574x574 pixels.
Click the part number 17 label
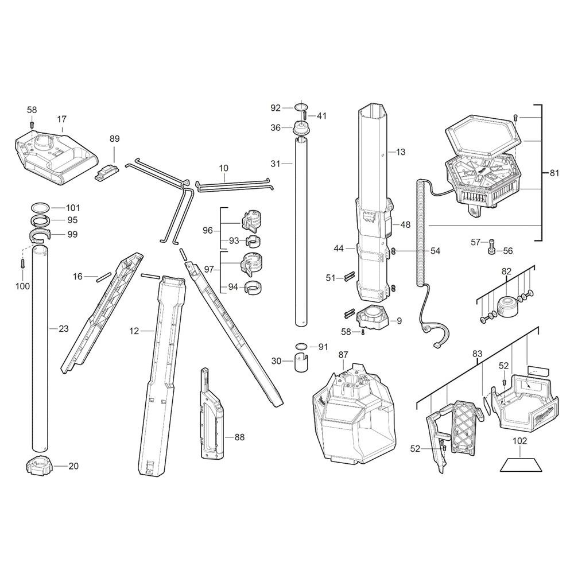pyautogui.click(x=62, y=119)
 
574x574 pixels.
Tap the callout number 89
pyautogui.click(x=115, y=139)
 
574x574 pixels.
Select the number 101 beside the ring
pyautogui.click(x=72, y=208)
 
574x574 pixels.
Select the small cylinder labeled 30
pyautogui.click(x=301, y=363)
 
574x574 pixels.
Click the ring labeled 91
pyautogui.click(x=301, y=346)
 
